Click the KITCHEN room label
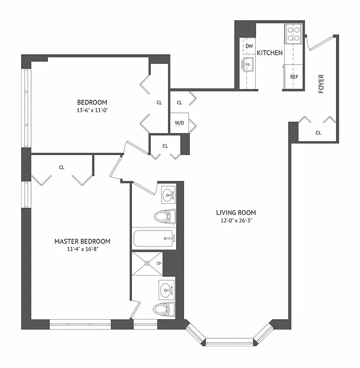(269, 53)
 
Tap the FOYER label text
(321, 84)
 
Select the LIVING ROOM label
(236, 213)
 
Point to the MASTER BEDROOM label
(82, 241)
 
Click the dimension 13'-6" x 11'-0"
(92, 110)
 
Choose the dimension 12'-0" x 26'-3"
(236, 221)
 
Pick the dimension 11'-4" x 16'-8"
(82, 249)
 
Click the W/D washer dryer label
(179, 123)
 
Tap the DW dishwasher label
(249, 46)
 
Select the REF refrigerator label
(294, 77)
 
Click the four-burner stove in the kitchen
(293, 33)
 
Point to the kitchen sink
(249, 65)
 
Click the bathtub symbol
(154, 239)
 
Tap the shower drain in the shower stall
(147, 263)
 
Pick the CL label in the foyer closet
(318, 133)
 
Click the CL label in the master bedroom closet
(62, 167)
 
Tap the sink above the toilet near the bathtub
(169, 195)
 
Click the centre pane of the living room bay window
(229, 341)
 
